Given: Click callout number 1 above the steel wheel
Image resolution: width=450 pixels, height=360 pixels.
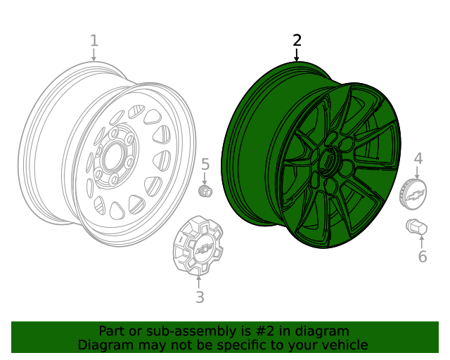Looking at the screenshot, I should coord(94,41).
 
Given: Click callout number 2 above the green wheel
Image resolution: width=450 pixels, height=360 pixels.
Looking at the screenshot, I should coord(297,40).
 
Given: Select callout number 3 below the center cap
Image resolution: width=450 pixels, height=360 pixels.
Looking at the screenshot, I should coord(200,297).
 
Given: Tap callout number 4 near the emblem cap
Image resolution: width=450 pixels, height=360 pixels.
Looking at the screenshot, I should coord(418,159).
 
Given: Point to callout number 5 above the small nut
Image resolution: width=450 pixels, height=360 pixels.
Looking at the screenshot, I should coord(205,165).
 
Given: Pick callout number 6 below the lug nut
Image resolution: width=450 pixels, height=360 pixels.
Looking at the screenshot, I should coord(422,257).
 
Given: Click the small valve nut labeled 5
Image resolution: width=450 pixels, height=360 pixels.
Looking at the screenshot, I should coord(206,191).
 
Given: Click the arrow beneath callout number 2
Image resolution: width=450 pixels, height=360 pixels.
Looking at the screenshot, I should coord(297,55).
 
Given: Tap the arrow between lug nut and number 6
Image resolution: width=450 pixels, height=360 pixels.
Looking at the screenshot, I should coord(421,241).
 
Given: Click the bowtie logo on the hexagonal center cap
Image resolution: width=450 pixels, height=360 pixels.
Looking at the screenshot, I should coord(203,250).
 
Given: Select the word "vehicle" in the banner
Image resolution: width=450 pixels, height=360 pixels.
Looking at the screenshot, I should coord(344,345).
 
